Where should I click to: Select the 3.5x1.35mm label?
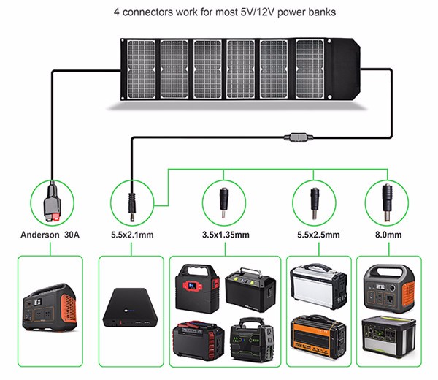[226, 235]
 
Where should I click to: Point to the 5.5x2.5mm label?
[314, 235]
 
